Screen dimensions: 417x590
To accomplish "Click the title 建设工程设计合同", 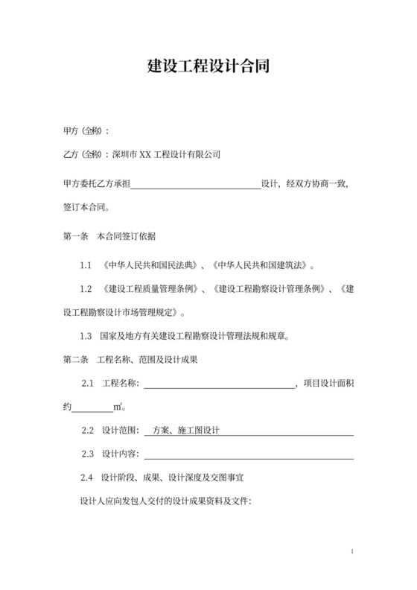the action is pos(208,67).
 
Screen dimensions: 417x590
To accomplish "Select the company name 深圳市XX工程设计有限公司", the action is pos(166,156).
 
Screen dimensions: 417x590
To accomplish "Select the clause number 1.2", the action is pos(86,288).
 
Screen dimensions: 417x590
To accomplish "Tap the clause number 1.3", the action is pos(86,336).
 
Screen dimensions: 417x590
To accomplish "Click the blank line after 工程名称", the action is pos(219,384).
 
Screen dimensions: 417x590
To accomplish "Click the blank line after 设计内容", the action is pos(248,455).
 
